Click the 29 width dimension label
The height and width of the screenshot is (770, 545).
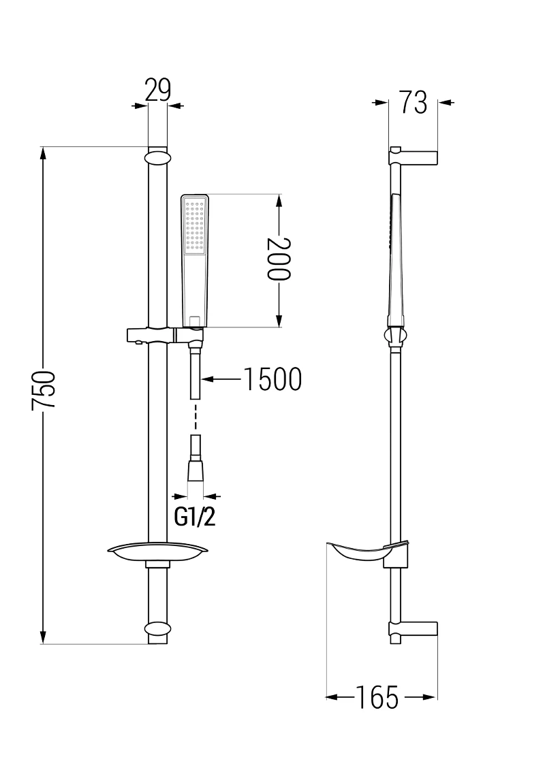coord(157,91)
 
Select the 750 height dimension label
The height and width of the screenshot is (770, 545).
coord(44,390)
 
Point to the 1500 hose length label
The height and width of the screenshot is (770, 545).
coord(272,380)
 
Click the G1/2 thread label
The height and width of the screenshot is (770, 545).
coord(195,517)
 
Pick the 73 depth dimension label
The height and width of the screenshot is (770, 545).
coord(413,103)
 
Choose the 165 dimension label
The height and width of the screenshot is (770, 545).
coord(381,697)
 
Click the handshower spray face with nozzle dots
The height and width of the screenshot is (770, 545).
coord(196,225)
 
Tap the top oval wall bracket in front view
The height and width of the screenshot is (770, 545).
coord(157,157)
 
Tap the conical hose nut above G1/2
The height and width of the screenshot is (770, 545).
coord(196,470)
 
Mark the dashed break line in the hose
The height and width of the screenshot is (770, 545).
coord(196,416)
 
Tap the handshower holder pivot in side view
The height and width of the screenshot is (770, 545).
coord(394,336)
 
